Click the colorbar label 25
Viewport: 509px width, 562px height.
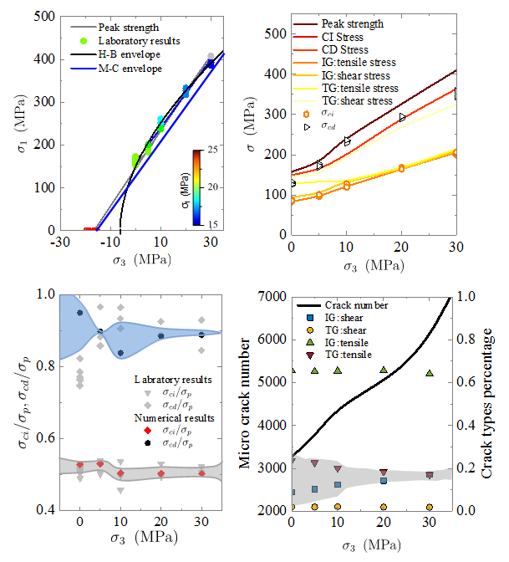click(x=214, y=150)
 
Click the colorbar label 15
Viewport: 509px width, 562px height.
click(x=214, y=223)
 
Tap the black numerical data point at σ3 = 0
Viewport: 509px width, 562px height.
click(x=80, y=313)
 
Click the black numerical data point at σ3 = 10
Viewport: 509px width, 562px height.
click(x=121, y=353)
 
